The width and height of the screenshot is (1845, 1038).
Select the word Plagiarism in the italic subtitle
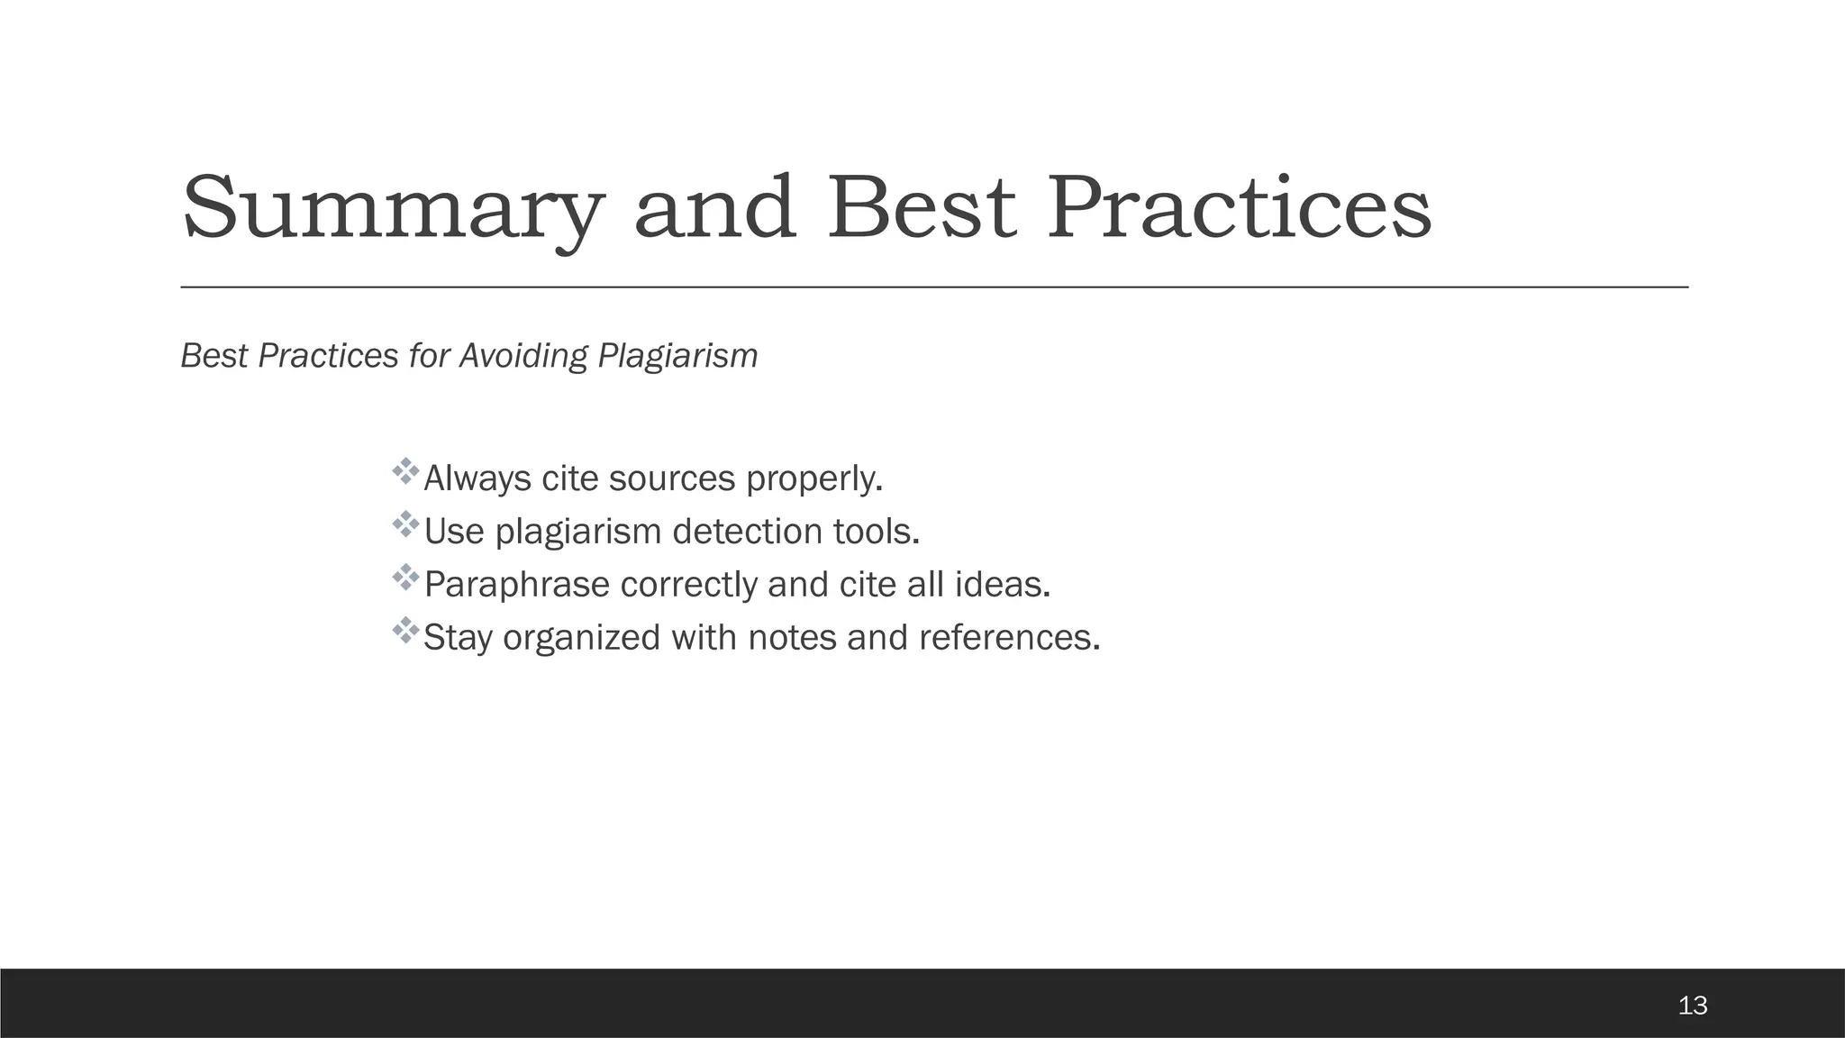(x=677, y=356)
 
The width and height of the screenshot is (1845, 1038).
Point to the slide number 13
(x=1693, y=1005)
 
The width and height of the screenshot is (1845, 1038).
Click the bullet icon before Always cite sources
(x=406, y=472)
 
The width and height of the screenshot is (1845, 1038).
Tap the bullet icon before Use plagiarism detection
(x=406, y=525)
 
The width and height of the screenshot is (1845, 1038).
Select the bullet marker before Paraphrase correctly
(x=406, y=578)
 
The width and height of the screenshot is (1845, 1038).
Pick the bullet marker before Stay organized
(x=406, y=632)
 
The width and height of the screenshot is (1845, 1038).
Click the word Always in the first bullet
(x=477, y=478)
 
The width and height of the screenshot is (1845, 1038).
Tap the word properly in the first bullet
(x=813, y=478)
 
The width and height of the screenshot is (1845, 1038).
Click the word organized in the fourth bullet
(x=581, y=638)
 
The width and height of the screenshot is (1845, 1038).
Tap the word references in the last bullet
(x=1009, y=638)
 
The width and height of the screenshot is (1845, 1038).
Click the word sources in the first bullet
(x=672, y=478)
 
